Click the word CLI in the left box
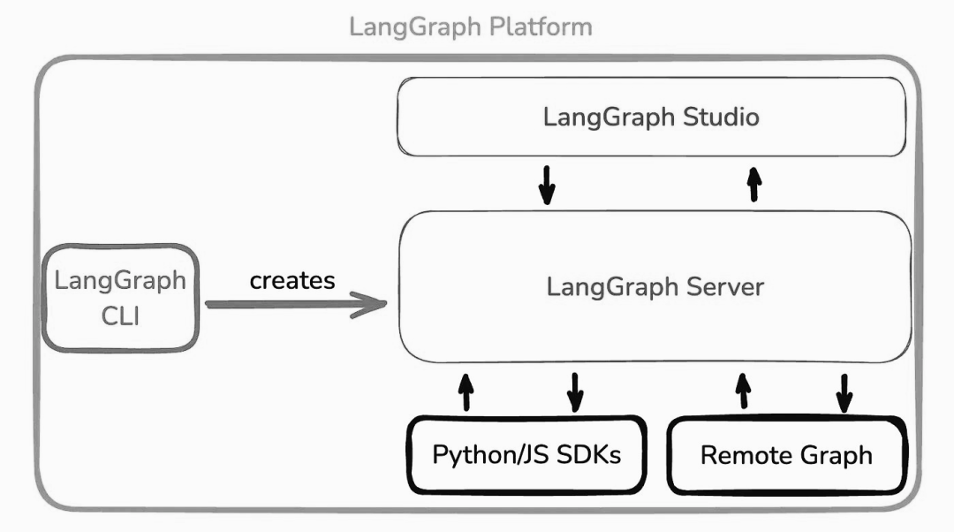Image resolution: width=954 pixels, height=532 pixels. click(120, 315)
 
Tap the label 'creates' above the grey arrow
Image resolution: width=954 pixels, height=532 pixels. click(292, 280)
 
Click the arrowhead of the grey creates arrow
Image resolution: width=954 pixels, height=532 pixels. click(375, 306)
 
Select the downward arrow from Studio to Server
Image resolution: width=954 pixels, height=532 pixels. click(548, 183)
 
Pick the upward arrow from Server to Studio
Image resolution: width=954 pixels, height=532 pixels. click(753, 183)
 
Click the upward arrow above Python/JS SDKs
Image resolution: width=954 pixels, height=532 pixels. click(466, 391)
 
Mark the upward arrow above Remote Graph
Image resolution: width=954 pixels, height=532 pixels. click(744, 391)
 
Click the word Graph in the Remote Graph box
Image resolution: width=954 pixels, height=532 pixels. click(830, 456)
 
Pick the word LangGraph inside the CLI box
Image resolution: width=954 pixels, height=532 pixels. click(120, 281)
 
